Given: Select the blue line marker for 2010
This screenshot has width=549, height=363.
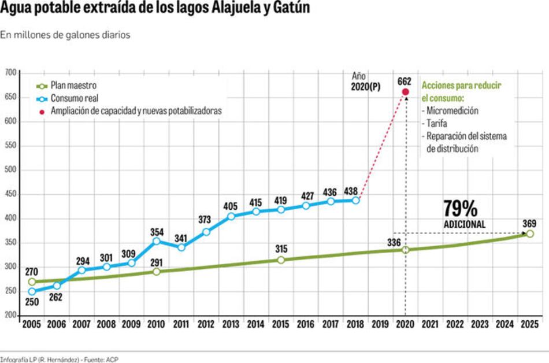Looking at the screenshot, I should [x=157, y=241].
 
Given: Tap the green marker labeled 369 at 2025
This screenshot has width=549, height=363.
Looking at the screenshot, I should [x=529, y=234].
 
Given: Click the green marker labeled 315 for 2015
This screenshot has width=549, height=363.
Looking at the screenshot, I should [x=281, y=260].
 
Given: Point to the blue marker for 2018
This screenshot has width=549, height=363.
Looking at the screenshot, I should [x=356, y=200].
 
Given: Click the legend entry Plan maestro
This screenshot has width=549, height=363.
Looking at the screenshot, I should [x=73, y=86].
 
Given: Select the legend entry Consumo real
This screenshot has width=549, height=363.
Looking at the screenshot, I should [x=73, y=98].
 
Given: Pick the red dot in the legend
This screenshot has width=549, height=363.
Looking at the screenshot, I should [x=41, y=110].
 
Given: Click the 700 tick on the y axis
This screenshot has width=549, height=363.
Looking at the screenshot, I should [x=10, y=72].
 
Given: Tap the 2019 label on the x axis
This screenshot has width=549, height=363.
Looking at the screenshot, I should [x=380, y=325].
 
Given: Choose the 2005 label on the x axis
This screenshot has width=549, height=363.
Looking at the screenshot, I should [x=31, y=325].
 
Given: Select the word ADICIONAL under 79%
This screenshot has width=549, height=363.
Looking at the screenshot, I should [x=465, y=224].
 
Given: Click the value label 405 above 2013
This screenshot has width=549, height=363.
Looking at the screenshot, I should [x=231, y=205].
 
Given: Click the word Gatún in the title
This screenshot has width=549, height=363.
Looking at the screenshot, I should [x=289, y=8].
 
